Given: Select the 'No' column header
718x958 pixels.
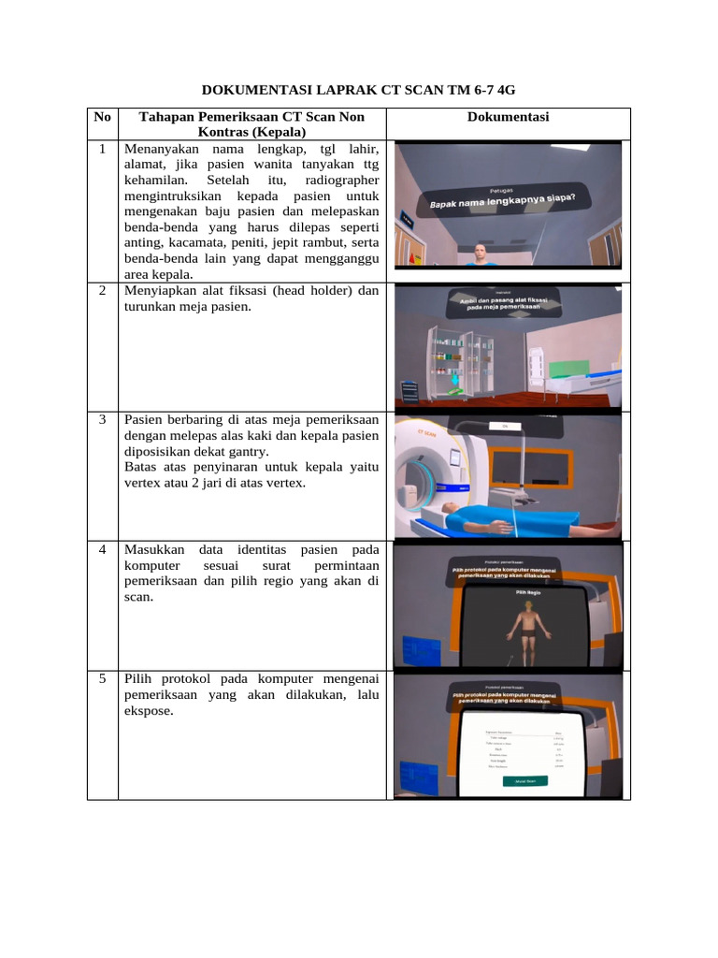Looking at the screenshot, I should pyautogui.click(x=102, y=117).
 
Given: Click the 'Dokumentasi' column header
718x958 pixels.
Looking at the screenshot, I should pyautogui.click(x=508, y=117).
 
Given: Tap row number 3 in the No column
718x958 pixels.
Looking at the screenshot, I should pyautogui.click(x=102, y=419).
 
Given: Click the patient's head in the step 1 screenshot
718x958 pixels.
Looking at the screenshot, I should pyautogui.click(x=480, y=252).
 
